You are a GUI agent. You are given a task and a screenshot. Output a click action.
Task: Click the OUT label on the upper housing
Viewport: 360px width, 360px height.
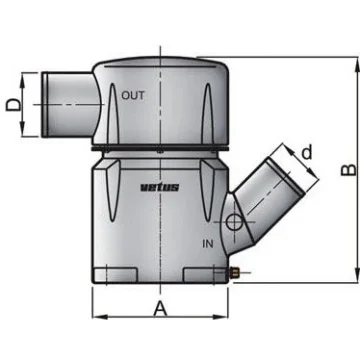pyautogui.click(x=133, y=96)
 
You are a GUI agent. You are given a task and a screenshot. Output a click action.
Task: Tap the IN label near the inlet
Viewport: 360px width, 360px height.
pyautogui.click(x=207, y=244)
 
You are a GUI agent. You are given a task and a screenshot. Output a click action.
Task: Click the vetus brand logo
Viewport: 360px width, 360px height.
pyautogui.click(x=159, y=187)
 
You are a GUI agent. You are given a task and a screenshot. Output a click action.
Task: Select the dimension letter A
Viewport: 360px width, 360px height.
pyautogui.click(x=160, y=308)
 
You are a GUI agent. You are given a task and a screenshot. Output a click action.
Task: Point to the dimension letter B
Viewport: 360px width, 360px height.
pyautogui.click(x=349, y=169)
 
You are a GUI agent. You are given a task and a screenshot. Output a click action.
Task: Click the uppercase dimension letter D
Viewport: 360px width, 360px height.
pyautogui.click(x=13, y=105)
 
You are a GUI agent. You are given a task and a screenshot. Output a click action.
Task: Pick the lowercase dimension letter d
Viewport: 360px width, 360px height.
pyautogui.click(x=307, y=153)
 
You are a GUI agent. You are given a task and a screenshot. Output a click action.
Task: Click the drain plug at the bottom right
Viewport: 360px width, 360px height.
pyautogui.click(x=235, y=274)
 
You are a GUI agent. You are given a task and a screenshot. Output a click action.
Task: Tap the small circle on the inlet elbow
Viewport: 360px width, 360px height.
pyautogui.click(x=233, y=222)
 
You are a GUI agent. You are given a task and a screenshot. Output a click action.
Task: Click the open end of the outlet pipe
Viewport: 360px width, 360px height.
pyautogui.click(x=45, y=104)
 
